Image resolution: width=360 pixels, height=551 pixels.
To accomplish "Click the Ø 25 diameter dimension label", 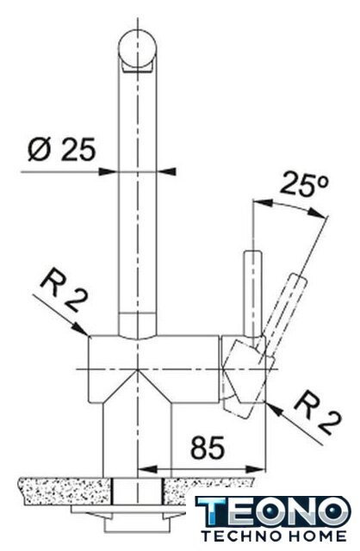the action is click(61, 150).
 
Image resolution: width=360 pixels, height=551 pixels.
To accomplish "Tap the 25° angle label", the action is click(305, 183).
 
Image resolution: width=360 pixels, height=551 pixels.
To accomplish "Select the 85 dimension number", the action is click(207, 448).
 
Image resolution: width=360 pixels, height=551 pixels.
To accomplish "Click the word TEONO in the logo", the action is click(273, 511).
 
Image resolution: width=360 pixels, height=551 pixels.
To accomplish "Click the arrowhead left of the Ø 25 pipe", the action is click(109, 172).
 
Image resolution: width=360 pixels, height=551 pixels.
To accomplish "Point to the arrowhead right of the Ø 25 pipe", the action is click(165, 171).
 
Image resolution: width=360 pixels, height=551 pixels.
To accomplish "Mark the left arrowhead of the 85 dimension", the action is click(147, 469).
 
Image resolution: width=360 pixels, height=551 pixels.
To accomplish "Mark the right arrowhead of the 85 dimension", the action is click(256, 469).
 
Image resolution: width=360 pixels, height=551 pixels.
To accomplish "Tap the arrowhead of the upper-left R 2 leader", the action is click(80, 328).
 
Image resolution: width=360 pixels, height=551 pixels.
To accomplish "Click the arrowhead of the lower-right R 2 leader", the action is click(275, 409).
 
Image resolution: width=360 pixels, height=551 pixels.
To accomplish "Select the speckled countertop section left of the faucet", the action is click(66, 491).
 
